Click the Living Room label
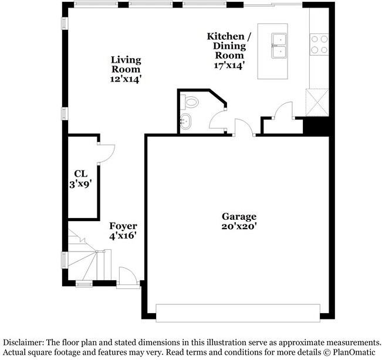coord(126,64)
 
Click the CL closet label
coord(80,174)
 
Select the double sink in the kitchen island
coord(279,46)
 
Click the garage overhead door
coord(238,312)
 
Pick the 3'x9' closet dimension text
coord(80,184)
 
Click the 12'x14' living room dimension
coord(126,79)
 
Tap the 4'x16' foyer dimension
coord(123,236)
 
